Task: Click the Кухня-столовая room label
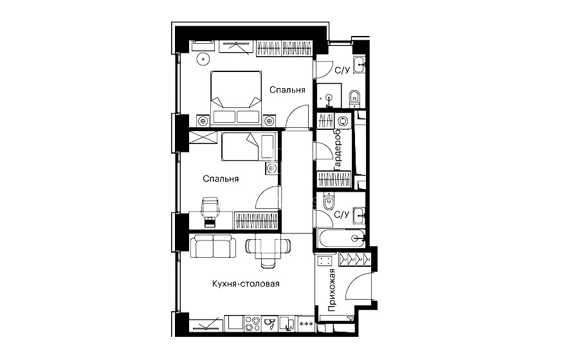(x=246, y=284)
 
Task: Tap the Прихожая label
(x=332, y=290)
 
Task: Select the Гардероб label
(x=338, y=150)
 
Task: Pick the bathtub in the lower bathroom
(x=342, y=238)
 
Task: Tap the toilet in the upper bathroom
(x=354, y=98)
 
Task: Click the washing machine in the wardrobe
(x=343, y=120)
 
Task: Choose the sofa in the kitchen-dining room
(x=213, y=246)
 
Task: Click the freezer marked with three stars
(x=306, y=324)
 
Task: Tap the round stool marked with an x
(x=203, y=59)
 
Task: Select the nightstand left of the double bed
(x=203, y=122)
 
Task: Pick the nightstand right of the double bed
(x=269, y=122)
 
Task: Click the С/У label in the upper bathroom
(x=342, y=70)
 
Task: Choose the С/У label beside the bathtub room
(x=342, y=215)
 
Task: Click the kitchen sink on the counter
(x=269, y=323)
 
